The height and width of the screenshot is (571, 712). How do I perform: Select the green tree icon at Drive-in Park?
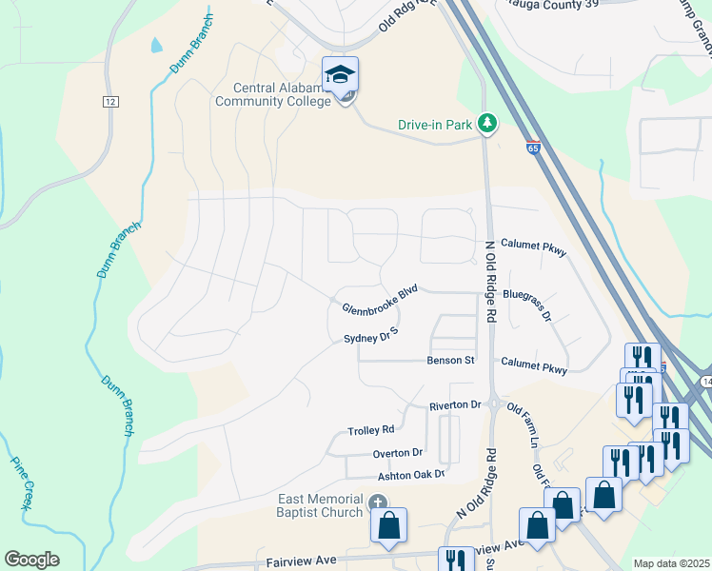point(486,124)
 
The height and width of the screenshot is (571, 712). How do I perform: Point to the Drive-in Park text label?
point(435,125)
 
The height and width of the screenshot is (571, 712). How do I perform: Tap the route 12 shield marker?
point(111,101)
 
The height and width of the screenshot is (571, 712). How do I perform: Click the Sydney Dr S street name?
point(370,338)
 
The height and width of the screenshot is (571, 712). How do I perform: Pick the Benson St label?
point(450,362)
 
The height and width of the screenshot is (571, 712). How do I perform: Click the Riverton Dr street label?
point(455,405)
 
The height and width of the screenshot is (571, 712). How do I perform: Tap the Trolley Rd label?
point(371,430)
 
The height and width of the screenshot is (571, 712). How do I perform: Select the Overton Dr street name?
point(398,453)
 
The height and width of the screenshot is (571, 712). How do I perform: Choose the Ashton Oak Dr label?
point(411,475)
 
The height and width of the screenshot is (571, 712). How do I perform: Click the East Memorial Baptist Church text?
point(320,506)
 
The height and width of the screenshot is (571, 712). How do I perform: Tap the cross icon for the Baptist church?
point(377,502)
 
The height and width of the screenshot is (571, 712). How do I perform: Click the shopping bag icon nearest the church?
point(388,525)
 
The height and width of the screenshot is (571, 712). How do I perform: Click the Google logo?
point(31,560)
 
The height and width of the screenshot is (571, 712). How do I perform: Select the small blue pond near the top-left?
point(155,45)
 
